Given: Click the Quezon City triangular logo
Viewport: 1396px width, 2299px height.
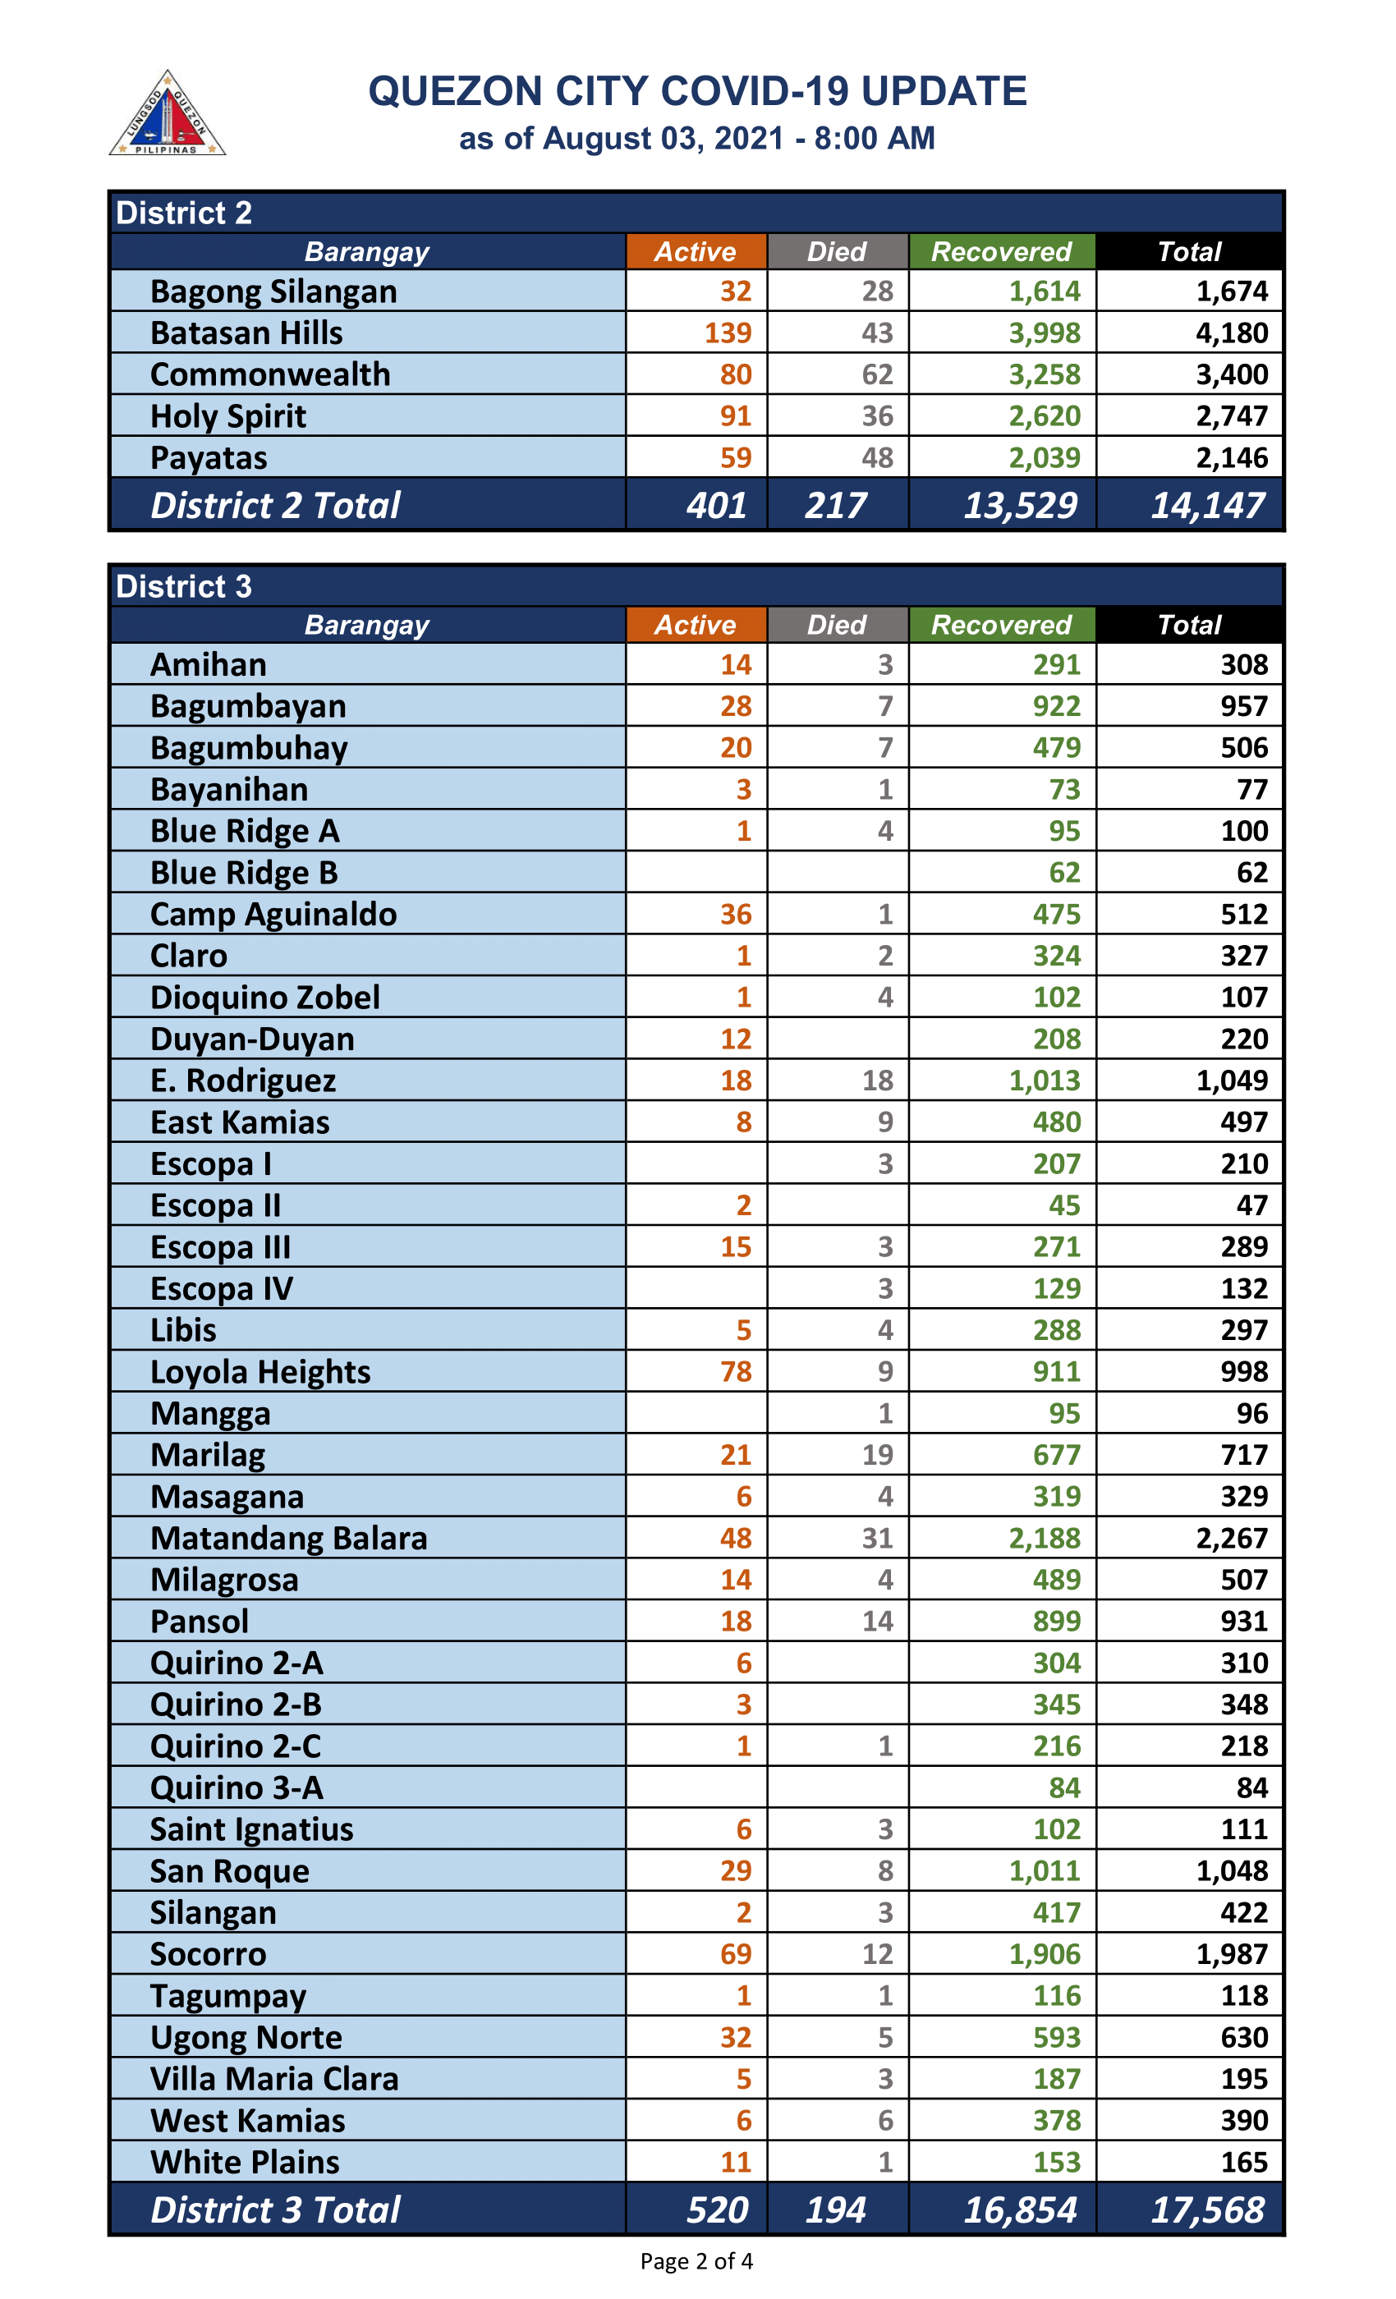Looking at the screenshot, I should [x=167, y=115].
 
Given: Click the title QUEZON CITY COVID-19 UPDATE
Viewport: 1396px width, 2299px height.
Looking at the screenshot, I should [x=697, y=91].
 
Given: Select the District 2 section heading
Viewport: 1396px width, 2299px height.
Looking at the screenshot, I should [x=184, y=213].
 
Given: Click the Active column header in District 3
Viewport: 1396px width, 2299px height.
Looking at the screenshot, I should [x=696, y=624].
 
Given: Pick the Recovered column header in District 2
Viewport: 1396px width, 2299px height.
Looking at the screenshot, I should [x=1001, y=251].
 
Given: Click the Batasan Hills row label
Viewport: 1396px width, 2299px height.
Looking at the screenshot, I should [x=246, y=333].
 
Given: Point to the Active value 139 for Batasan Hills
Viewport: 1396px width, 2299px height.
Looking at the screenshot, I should [x=728, y=333].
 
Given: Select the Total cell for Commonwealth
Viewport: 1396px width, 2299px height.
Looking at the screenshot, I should [x=1232, y=374].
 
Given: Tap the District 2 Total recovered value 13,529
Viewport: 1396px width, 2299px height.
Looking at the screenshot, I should [x=1020, y=505].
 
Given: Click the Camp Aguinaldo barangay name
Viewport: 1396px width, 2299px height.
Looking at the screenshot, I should [x=273, y=915].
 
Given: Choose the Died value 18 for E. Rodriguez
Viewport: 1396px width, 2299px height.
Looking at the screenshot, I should [x=877, y=1081].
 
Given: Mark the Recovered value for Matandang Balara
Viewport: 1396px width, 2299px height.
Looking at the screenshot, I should [x=1045, y=1538].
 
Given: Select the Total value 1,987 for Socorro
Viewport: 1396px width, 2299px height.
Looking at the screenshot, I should [x=1232, y=1954].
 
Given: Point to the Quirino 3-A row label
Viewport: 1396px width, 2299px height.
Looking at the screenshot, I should [x=237, y=1787].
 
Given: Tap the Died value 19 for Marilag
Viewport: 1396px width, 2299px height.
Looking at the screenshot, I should [x=877, y=1455].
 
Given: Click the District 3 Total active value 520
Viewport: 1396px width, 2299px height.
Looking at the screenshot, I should [x=717, y=2210].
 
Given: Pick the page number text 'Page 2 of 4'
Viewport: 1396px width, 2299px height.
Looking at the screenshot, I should [x=696, y=2260].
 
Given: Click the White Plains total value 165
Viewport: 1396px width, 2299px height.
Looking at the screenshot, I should [x=1244, y=2162].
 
